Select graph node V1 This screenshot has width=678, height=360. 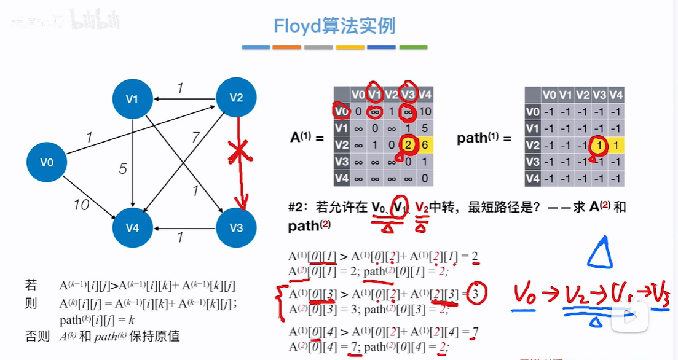pyautogui.click(x=132, y=98)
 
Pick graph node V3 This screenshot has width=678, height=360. pyautogui.click(x=237, y=228)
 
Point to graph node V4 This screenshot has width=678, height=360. pyautogui.click(x=132, y=228)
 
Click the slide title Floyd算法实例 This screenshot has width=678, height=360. pyautogui.click(x=334, y=26)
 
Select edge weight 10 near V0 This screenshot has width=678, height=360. pyautogui.click(x=81, y=205)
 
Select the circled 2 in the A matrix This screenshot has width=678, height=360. pyautogui.click(x=409, y=146)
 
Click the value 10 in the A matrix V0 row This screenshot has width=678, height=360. pyautogui.click(x=425, y=112)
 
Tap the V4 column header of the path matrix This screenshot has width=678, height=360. pyautogui.click(x=616, y=95)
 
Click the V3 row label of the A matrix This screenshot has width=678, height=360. pyautogui.click(x=342, y=162)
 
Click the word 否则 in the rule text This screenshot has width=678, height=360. pyautogui.click(x=34, y=336)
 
